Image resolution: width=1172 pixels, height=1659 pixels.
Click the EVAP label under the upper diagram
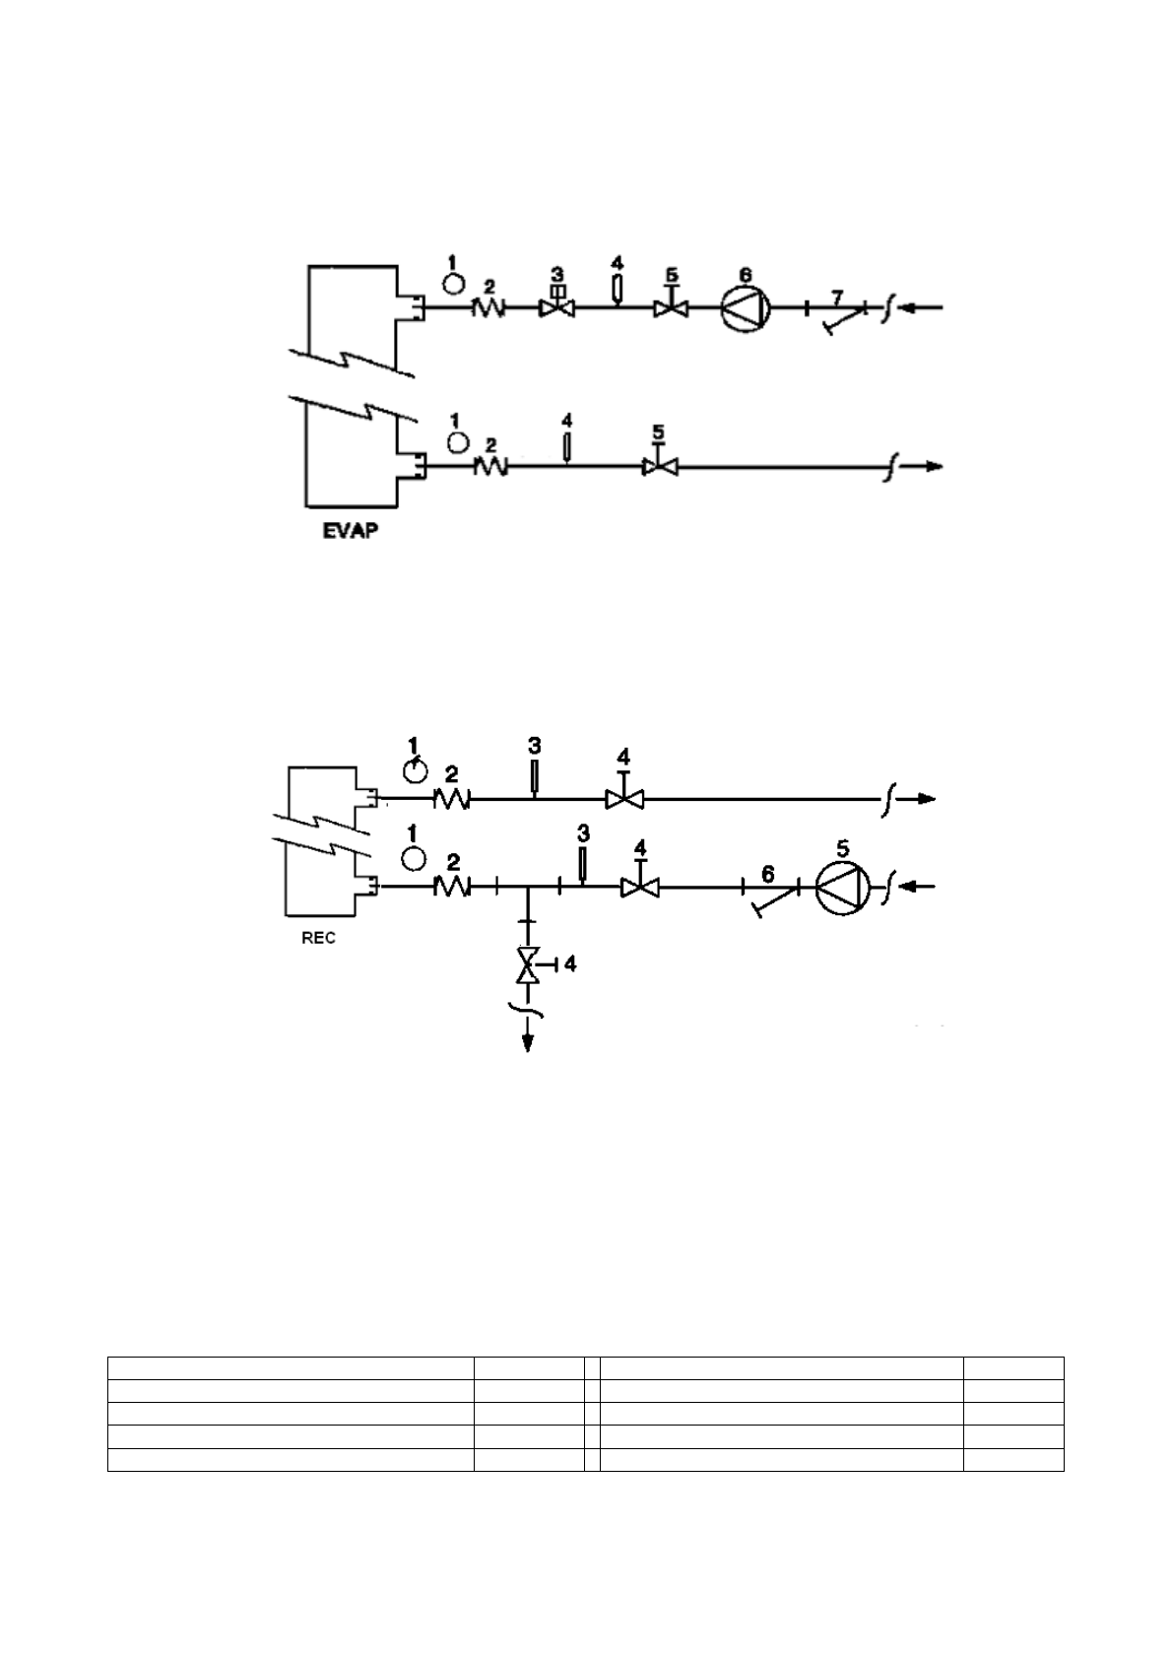click(x=352, y=534)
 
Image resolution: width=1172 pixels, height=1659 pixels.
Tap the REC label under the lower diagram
click(x=318, y=938)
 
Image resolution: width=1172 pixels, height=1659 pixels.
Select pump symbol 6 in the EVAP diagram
click(x=746, y=308)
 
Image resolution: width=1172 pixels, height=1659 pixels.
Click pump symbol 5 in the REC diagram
click(x=844, y=888)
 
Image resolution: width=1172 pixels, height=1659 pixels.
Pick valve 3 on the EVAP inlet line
click(x=557, y=306)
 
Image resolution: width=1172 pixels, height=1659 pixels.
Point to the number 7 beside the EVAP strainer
click(x=837, y=296)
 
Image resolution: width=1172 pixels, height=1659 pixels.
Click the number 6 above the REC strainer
click(x=768, y=874)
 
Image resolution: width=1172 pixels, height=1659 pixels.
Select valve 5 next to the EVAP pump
click(x=672, y=307)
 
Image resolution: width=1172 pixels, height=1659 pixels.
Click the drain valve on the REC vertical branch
click(x=529, y=964)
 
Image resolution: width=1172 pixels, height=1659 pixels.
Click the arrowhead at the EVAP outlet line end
click(x=933, y=466)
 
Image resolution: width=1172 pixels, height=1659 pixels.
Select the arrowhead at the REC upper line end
click(x=927, y=799)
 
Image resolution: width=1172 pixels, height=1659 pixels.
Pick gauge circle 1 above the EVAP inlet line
click(x=453, y=283)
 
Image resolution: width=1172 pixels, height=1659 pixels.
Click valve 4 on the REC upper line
click(x=622, y=799)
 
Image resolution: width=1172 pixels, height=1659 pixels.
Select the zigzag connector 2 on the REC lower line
click(x=452, y=888)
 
